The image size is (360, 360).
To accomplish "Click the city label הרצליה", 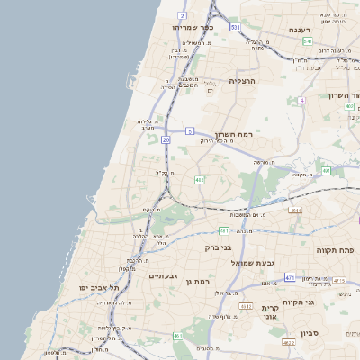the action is click(243, 81).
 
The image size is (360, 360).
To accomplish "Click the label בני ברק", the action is click(219, 246).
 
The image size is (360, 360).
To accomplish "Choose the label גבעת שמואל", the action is click(258, 262).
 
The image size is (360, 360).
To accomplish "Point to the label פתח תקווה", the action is click(337, 249).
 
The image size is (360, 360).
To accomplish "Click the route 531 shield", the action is click(234, 29).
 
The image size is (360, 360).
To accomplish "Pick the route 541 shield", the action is click(308, 41).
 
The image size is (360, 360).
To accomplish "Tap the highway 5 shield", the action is click(191, 131).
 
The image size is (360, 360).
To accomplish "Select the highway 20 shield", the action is click(166, 139).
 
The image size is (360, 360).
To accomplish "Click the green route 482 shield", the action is click(200, 180).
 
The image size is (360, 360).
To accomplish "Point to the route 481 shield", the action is click(326, 169).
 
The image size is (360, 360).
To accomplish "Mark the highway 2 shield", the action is click(183, 16).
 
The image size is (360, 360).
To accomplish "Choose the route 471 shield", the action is click(290, 277).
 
